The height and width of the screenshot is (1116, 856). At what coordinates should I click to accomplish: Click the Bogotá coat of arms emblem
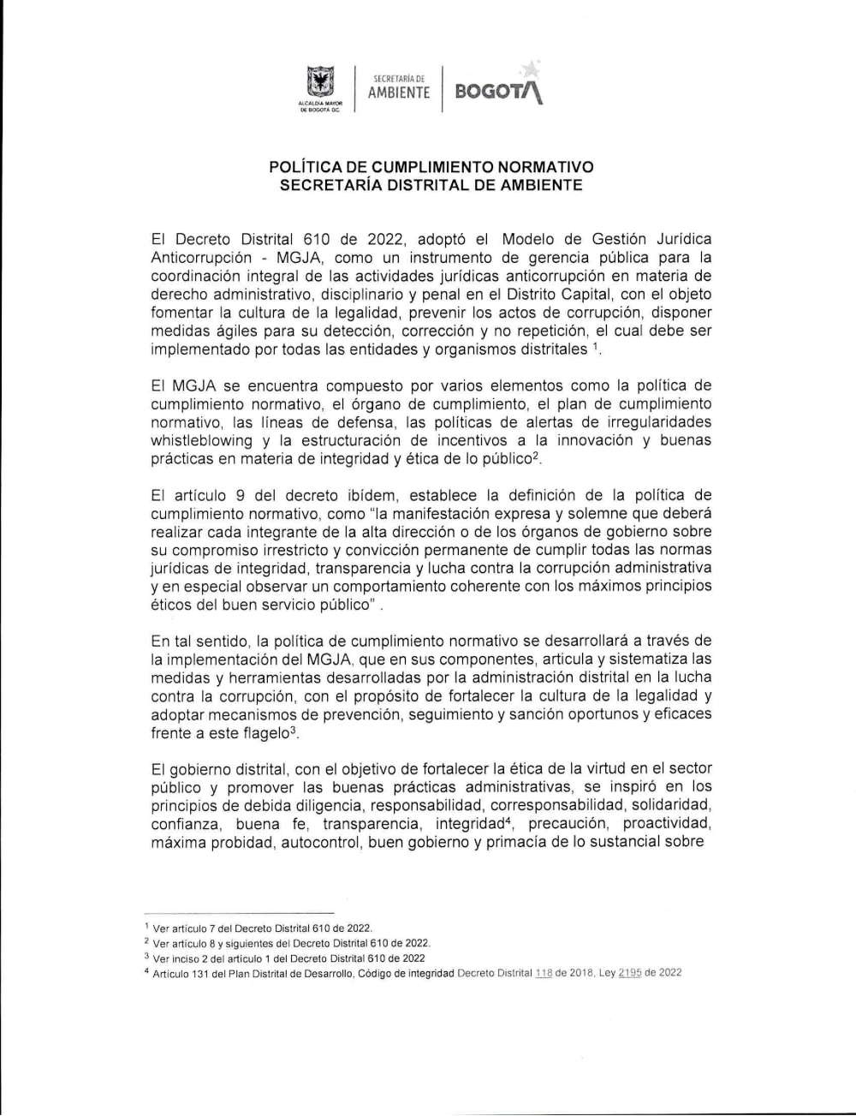click(319, 83)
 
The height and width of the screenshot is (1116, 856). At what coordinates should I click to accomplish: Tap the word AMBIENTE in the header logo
click(399, 93)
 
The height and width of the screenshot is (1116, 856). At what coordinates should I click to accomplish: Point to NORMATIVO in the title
click(546, 166)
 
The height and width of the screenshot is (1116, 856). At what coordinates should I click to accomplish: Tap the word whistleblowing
click(202, 440)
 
